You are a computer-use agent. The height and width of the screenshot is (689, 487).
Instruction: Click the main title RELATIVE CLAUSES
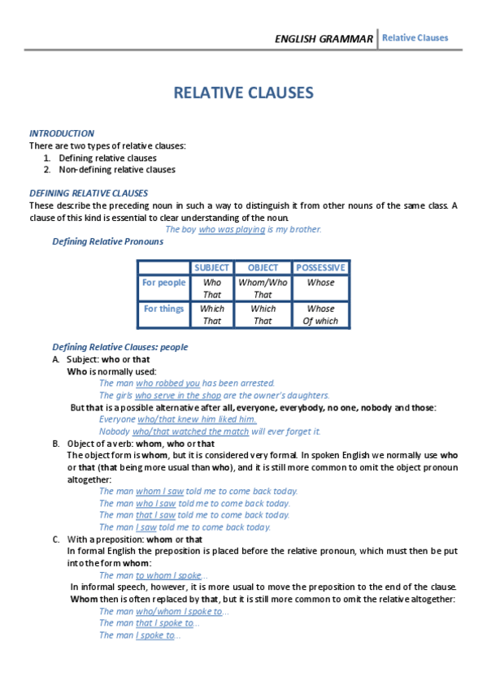point(243,93)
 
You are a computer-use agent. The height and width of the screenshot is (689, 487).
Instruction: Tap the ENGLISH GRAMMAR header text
point(324,39)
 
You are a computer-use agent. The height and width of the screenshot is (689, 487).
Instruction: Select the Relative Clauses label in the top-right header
point(415,38)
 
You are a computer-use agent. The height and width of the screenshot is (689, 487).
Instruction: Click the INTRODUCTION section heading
point(62,133)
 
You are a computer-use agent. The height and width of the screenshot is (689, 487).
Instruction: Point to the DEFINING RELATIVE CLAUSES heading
point(89,193)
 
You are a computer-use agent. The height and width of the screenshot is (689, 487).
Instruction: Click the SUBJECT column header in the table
point(211,267)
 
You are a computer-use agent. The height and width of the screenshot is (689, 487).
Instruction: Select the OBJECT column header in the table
point(263,267)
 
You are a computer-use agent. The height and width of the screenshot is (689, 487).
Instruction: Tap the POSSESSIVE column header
point(320,267)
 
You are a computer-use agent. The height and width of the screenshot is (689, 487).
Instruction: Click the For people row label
point(163,283)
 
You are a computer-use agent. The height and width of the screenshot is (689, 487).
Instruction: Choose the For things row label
point(163,309)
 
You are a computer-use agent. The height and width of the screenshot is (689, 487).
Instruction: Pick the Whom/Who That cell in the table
point(263,288)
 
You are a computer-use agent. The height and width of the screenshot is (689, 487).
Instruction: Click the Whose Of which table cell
point(320,314)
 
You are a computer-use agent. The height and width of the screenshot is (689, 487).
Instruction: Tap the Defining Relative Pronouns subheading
point(107,241)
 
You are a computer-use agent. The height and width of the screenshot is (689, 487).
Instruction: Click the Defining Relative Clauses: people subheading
point(120,347)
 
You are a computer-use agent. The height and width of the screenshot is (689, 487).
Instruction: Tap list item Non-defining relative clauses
point(116,170)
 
